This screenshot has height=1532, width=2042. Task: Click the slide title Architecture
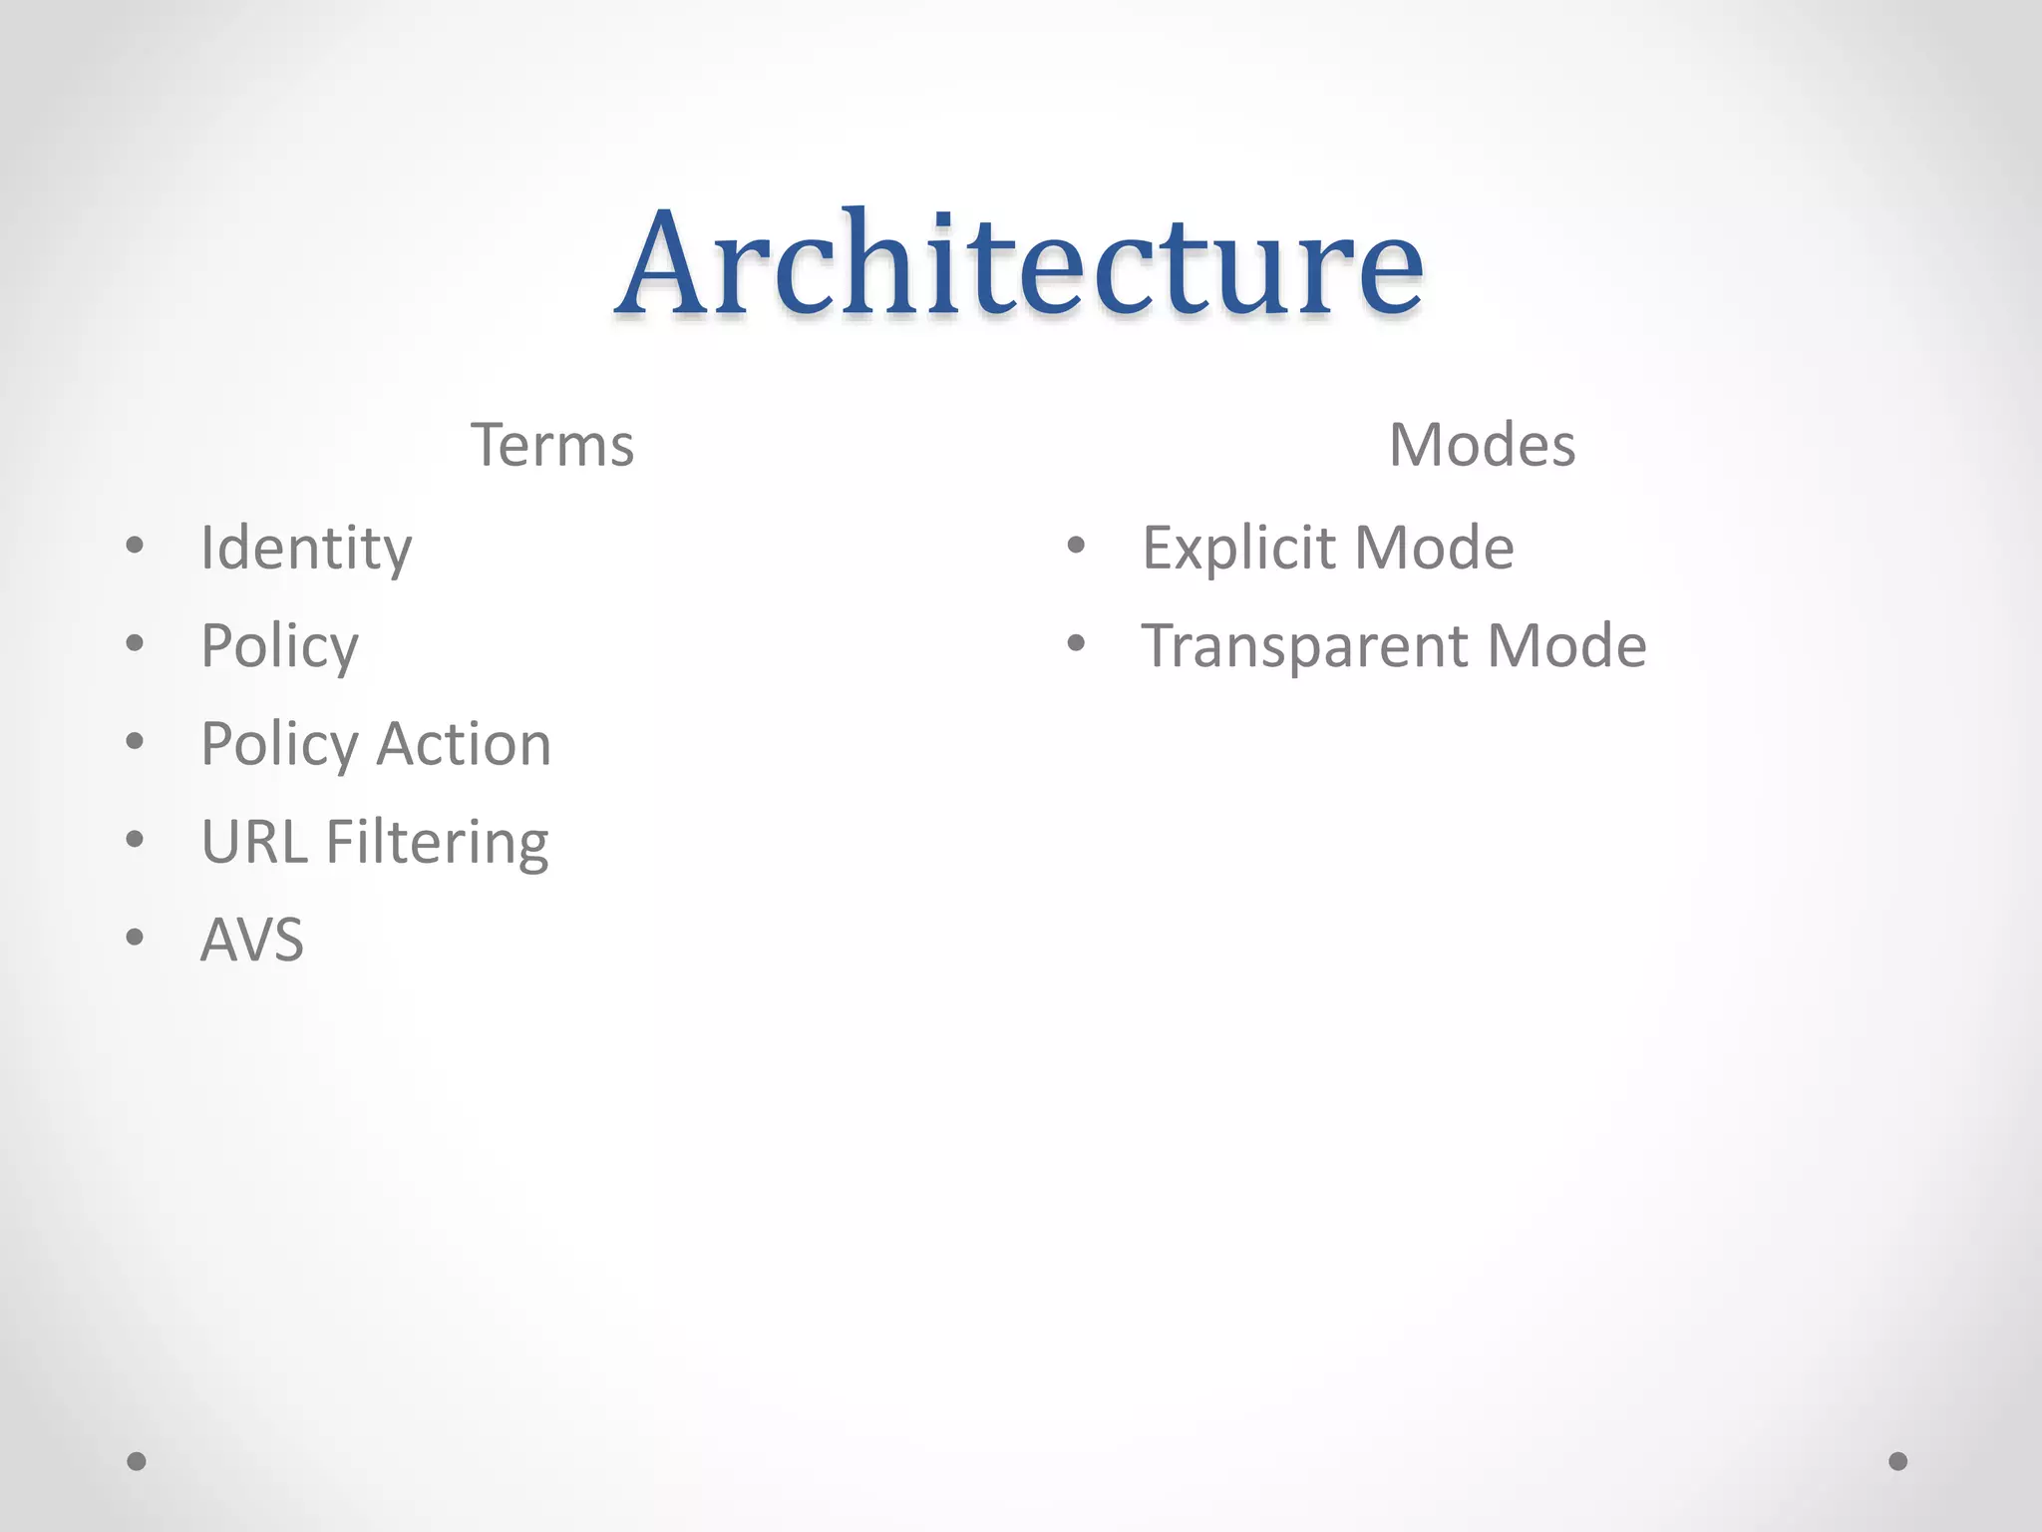click(x=1019, y=264)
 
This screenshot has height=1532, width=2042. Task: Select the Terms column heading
click(x=551, y=445)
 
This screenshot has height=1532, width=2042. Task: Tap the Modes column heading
click(x=1482, y=445)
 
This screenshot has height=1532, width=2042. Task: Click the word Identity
click(x=306, y=549)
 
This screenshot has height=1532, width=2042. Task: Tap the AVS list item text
click(x=252, y=940)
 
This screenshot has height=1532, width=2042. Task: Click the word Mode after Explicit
click(x=1434, y=549)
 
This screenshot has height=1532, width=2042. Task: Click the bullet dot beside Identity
click(x=136, y=546)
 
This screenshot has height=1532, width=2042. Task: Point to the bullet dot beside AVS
click(x=136, y=937)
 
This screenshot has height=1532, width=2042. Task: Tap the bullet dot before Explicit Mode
click(x=1075, y=546)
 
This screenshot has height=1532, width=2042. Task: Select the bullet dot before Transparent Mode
click(x=1075, y=643)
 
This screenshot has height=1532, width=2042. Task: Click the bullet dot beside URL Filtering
click(x=136, y=839)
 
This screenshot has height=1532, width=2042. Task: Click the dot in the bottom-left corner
click(x=137, y=1461)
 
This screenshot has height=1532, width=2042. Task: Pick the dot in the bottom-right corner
click(x=1898, y=1461)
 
